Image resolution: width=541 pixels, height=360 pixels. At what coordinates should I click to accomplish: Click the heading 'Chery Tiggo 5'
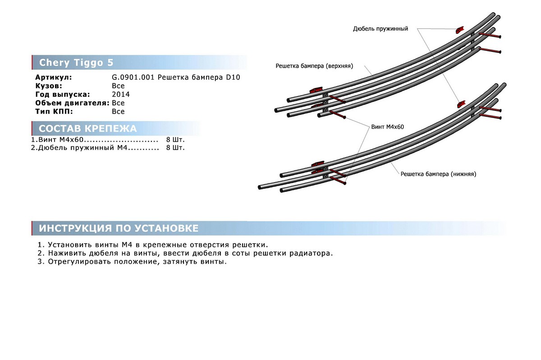(77, 62)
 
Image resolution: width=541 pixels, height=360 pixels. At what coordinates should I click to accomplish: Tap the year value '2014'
(121, 94)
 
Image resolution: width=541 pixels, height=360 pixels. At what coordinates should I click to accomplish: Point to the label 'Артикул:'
(53, 77)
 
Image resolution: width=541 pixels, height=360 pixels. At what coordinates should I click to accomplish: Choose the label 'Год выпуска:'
(63, 94)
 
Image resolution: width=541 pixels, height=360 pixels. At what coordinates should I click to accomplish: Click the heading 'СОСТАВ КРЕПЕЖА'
(88, 129)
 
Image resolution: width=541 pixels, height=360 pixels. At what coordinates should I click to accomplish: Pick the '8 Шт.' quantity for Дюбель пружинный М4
(175, 147)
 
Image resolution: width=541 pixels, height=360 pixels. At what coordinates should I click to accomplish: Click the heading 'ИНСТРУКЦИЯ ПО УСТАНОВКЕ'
(119, 228)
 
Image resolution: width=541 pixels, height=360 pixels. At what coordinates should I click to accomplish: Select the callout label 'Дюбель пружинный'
(381, 29)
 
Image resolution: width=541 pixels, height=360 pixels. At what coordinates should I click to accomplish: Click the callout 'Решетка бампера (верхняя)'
(314, 66)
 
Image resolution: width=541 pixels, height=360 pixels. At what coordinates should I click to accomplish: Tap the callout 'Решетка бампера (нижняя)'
(438, 173)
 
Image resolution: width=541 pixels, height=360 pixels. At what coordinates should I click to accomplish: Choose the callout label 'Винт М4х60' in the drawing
(387, 127)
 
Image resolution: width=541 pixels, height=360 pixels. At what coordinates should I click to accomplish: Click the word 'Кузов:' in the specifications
(48, 86)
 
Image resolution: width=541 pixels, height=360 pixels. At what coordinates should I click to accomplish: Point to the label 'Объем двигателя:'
(73, 103)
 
